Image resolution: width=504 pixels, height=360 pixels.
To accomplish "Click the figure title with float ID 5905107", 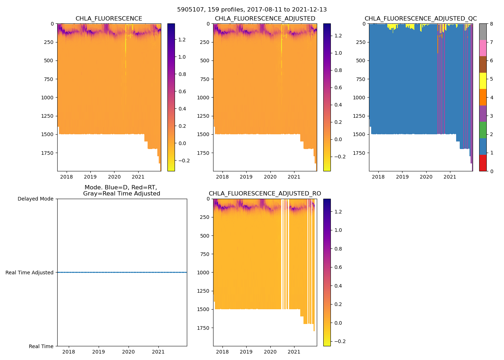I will pyautogui.click(x=252, y=10).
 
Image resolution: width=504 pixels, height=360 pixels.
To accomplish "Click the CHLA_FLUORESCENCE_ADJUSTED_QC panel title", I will pyautogui.click(x=420, y=19).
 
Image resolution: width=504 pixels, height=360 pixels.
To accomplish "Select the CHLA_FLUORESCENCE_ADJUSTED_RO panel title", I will pyautogui.click(x=265, y=194).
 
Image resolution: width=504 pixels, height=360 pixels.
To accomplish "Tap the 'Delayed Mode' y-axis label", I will pyautogui.click(x=35, y=199).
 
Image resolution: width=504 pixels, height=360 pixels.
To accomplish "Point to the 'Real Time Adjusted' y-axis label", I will pyautogui.click(x=29, y=273).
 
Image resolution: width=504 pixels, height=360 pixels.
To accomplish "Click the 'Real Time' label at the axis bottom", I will pyautogui.click(x=41, y=346).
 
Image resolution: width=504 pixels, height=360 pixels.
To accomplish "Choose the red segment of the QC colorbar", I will pyautogui.click(x=483, y=163).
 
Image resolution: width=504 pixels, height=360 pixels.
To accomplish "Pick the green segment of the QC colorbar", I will pyautogui.click(x=483, y=130).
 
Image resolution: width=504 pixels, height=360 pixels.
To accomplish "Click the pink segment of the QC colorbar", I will pyautogui.click(x=483, y=48).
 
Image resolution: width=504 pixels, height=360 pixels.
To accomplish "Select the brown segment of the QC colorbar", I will pyautogui.click(x=483, y=64).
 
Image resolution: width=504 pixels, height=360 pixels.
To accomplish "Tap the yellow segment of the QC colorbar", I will pyautogui.click(x=483, y=81).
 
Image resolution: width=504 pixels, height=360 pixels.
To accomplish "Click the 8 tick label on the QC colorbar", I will pyautogui.click(x=491, y=24).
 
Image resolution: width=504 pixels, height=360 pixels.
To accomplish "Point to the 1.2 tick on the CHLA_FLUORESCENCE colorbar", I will pyautogui.click(x=182, y=40).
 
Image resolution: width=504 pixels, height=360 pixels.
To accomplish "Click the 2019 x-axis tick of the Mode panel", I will pyautogui.click(x=99, y=352).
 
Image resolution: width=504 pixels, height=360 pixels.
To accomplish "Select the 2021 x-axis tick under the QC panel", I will pyautogui.click(x=450, y=177).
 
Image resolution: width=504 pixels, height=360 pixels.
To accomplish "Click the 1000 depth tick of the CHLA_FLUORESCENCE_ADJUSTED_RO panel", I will pyautogui.click(x=204, y=273).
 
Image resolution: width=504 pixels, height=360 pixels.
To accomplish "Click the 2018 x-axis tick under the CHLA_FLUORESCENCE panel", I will pyautogui.click(x=67, y=177).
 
